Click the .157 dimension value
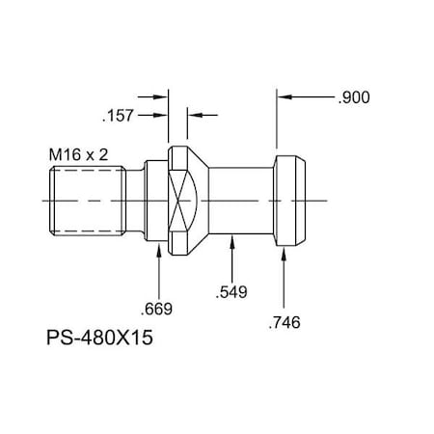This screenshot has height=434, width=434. coord(118,116)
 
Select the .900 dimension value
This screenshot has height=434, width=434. coord(354,97)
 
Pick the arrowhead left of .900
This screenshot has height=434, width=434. coord(284,97)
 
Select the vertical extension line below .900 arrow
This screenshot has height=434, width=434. coord(277,125)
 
